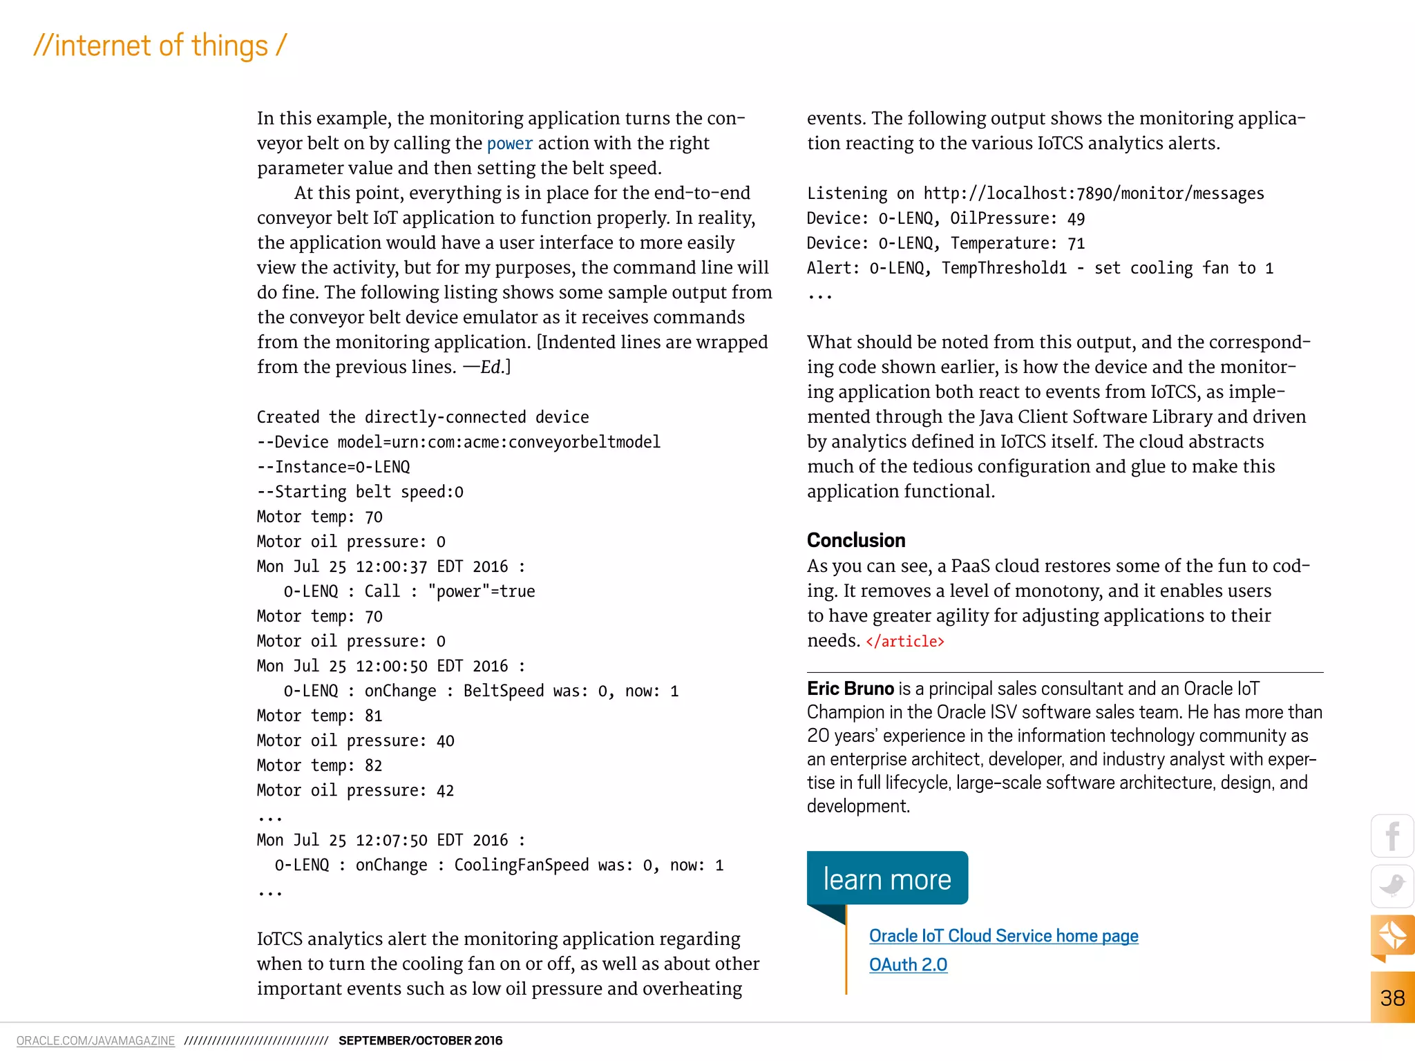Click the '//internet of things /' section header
tap(160, 46)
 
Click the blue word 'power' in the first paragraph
tap(509, 144)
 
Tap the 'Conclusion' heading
tap(855, 540)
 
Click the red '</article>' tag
tap(904, 642)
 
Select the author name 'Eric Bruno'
tap(850, 689)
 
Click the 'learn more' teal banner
tap(887, 879)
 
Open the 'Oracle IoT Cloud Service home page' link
tap(1003, 936)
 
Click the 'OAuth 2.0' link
tap(908, 965)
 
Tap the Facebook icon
tap(1392, 837)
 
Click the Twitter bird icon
tap(1392, 886)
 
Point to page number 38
tap(1392, 998)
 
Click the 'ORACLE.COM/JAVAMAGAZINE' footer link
tap(95, 1041)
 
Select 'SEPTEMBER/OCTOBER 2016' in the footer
tap(420, 1041)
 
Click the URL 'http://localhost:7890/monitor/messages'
tap(1093, 193)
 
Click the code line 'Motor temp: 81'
tap(319, 716)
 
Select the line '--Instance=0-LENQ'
tap(333, 468)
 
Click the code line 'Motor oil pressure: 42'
tap(355, 791)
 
